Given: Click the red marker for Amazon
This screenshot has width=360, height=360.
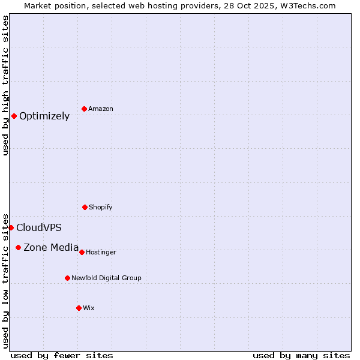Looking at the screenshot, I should pyautogui.click(x=85, y=109).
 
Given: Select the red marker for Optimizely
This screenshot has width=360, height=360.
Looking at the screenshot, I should pyautogui.click(x=14, y=116).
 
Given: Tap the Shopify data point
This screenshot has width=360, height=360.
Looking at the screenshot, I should pyautogui.click(x=85, y=207).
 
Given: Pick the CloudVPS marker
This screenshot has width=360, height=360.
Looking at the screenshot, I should pyautogui.click(x=11, y=227).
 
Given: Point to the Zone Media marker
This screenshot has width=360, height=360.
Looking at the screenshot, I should pyautogui.click(x=18, y=247).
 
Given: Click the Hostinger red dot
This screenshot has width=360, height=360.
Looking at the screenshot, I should pyautogui.click(x=82, y=252).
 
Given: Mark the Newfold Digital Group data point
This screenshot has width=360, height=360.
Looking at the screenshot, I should pyautogui.click(x=67, y=278).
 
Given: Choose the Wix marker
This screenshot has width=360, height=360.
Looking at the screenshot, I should pyautogui.click(x=79, y=308).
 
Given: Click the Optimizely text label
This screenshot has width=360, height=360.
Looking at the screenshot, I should pyautogui.click(x=44, y=116).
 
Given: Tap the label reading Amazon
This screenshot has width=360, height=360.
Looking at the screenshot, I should pyautogui.click(x=101, y=109).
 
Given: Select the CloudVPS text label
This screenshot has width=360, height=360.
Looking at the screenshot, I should pyautogui.click(x=39, y=228).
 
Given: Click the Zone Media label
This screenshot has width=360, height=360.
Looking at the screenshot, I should pyautogui.click(x=51, y=247).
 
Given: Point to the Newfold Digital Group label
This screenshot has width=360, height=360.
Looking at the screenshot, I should pyautogui.click(x=106, y=278).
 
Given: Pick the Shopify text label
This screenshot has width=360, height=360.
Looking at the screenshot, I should pyautogui.click(x=101, y=207).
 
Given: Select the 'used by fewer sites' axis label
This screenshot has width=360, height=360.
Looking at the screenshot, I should pyautogui.click(x=62, y=355).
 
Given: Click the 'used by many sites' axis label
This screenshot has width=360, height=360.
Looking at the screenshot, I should pyautogui.click(x=301, y=355).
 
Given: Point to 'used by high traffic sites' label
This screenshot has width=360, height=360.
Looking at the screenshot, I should pyautogui.click(x=5, y=85).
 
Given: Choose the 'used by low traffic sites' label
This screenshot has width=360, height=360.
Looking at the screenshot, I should pyautogui.click(x=5, y=280).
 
